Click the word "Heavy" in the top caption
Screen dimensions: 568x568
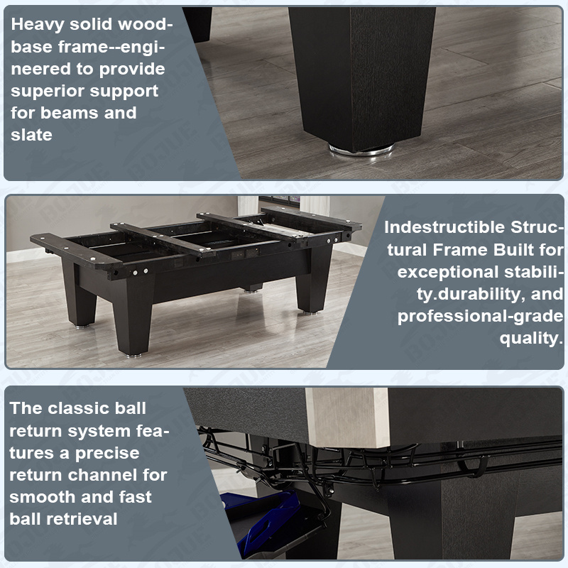[37, 25]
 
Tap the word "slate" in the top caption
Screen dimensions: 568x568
[31, 135]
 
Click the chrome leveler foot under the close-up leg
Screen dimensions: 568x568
[361, 149]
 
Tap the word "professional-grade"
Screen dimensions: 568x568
[481, 317]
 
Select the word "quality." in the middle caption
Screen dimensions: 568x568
[531, 339]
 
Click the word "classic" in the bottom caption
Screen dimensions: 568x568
[79, 408]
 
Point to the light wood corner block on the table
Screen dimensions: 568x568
[347, 417]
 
